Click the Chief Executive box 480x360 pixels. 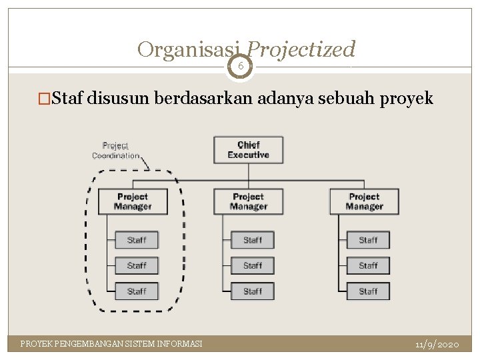pyautogui.click(x=248, y=150)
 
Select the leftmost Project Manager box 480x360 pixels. pyautogui.click(x=132, y=201)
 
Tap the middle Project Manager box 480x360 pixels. pyautogui.click(x=248, y=201)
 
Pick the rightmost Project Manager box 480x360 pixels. pyautogui.click(x=364, y=201)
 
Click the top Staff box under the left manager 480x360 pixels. pyautogui.click(x=136, y=240)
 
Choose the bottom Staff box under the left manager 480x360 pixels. pyautogui.click(x=136, y=291)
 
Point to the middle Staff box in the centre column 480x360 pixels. pyautogui.click(x=252, y=265)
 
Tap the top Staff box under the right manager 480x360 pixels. pyautogui.click(x=368, y=240)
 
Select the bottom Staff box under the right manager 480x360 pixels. pyautogui.click(x=368, y=291)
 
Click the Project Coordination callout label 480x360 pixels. pyautogui.click(x=115, y=151)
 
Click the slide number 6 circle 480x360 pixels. pyautogui.click(x=240, y=66)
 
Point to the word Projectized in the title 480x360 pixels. pyautogui.click(x=301, y=49)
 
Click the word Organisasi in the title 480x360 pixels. pyautogui.click(x=190, y=49)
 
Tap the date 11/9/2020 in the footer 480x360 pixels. pyautogui.click(x=437, y=345)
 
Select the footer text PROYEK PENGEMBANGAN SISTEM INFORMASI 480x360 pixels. pyautogui.click(x=111, y=344)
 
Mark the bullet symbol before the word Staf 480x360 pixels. pyautogui.click(x=44, y=99)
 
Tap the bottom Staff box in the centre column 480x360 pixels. pyautogui.click(x=252, y=291)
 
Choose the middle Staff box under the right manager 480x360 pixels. pyautogui.click(x=368, y=265)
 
